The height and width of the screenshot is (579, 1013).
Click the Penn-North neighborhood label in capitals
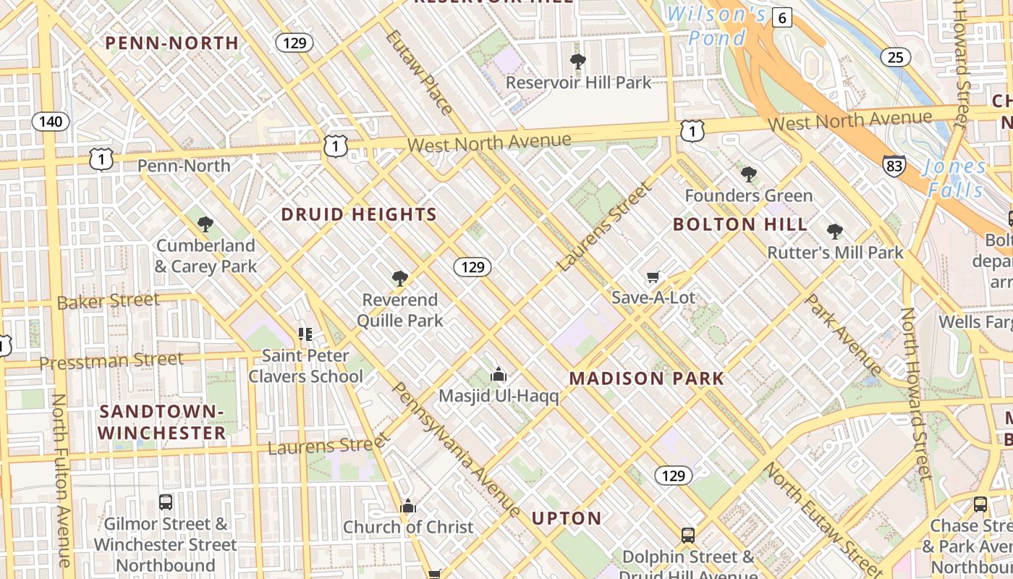(172, 43)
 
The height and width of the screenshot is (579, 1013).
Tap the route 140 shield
(51, 121)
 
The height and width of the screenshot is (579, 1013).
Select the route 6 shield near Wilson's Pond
(781, 17)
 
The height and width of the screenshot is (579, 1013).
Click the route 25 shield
(896, 56)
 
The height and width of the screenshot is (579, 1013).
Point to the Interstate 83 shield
(894, 166)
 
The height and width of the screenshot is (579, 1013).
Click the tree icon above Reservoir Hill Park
(577, 62)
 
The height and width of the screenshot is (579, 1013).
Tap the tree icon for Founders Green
(749, 174)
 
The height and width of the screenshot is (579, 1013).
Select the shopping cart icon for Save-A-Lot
(653, 276)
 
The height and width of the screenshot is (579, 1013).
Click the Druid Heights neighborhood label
(359, 215)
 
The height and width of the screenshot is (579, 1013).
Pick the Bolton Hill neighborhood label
(740, 224)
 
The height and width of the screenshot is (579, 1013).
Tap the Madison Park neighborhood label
(646, 379)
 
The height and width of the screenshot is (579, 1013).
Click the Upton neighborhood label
(567, 518)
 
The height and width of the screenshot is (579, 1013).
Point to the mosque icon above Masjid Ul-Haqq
(499, 375)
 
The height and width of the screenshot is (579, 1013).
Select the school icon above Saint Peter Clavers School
(305, 334)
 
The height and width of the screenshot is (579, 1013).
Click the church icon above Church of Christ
(408, 506)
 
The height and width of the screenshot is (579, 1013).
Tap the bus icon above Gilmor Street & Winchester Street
(166, 502)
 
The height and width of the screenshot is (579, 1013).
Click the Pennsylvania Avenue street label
(455, 449)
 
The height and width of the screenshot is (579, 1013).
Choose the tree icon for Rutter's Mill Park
(835, 232)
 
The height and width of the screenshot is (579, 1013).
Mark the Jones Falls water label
(955, 178)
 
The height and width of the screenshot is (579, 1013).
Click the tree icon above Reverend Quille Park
(399, 279)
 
